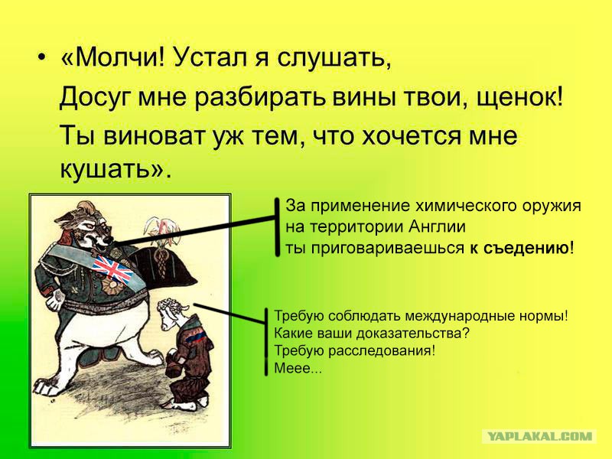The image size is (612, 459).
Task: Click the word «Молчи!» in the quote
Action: tap(113, 58)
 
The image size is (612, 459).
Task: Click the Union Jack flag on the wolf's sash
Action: tap(112, 269)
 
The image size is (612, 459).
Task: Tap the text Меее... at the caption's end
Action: tap(298, 368)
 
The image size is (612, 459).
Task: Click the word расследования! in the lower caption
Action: tap(381, 350)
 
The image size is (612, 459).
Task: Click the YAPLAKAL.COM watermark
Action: tap(540, 436)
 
